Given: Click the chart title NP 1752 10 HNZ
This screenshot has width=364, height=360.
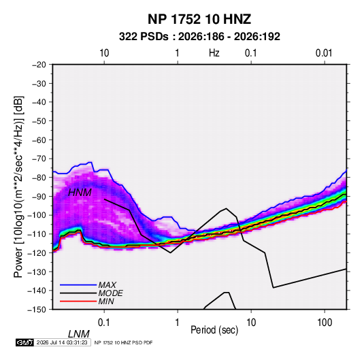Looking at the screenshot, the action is pyautogui.click(x=199, y=19).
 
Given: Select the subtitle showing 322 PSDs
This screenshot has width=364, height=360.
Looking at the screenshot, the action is pyautogui.click(x=199, y=37).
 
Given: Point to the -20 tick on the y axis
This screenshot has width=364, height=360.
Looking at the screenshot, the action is pyautogui.click(x=39, y=65).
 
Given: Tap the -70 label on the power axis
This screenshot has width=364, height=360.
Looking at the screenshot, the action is pyautogui.click(x=39, y=159).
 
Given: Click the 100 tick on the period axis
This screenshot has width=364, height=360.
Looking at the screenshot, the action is pyautogui.click(x=325, y=323).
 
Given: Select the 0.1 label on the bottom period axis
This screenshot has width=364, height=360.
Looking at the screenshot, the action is pyautogui.click(x=104, y=323).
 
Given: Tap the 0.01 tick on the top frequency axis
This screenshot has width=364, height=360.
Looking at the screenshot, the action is pyautogui.click(x=324, y=53).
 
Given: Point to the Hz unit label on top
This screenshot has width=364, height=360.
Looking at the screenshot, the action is pyautogui.click(x=214, y=53).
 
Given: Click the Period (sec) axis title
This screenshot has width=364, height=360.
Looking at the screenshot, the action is pyautogui.click(x=214, y=330).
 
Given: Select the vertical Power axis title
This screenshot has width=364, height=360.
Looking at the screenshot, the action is pyautogui.click(x=18, y=186).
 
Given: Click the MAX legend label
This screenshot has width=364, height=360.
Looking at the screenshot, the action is pyautogui.click(x=107, y=285).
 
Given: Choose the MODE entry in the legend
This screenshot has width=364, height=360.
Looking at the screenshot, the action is pyautogui.click(x=110, y=293).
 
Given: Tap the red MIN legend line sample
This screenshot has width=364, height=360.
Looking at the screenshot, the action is pyautogui.click(x=78, y=301).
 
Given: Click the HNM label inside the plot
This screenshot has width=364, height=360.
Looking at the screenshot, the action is pyautogui.click(x=80, y=193).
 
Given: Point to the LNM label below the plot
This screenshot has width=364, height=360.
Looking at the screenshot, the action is pyautogui.click(x=78, y=334).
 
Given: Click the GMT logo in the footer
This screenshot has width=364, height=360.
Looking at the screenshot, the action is pyautogui.click(x=25, y=342).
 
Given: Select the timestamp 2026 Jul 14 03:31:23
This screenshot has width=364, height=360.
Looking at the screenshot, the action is pyautogui.click(x=62, y=342).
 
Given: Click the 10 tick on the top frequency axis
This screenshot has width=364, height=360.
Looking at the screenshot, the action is pyautogui.click(x=104, y=53).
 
